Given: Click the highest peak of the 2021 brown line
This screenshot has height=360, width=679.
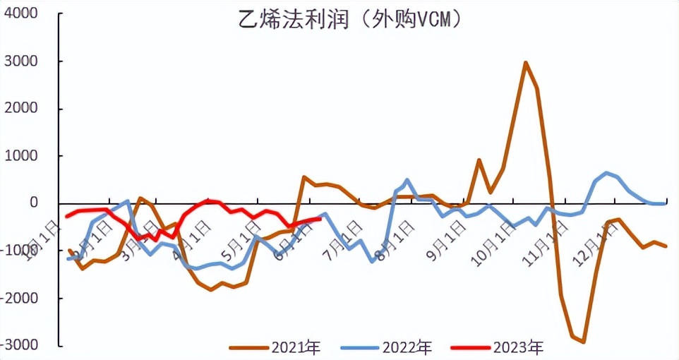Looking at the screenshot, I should click(x=526, y=62).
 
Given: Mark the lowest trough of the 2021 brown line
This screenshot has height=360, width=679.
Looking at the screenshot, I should click(x=584, y=342).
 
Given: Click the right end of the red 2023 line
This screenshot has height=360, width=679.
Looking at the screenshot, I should click(x=320, y=218).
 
